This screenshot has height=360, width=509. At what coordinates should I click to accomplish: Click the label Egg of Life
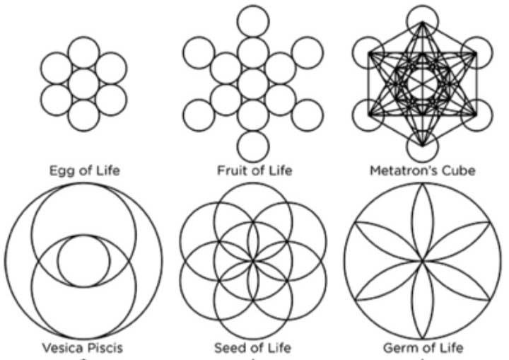84,170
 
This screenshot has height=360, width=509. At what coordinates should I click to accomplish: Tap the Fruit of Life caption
254,170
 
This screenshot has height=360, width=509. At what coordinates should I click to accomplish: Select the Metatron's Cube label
422,170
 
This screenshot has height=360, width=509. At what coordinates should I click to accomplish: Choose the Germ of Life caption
422,347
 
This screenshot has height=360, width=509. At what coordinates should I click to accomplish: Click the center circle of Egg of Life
84,83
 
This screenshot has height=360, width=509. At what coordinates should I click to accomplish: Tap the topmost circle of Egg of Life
84,52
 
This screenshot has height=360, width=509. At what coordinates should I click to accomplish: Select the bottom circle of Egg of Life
84,114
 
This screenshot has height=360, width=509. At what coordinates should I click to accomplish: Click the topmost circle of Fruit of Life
253,21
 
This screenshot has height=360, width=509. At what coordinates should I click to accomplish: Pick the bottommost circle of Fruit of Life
253,145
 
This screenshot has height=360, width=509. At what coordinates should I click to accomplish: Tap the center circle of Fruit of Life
253,83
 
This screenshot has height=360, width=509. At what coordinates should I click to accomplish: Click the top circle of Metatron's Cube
422,21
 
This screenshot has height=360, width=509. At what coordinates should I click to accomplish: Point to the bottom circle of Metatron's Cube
422,146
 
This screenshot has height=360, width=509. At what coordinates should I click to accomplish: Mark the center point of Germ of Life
422,260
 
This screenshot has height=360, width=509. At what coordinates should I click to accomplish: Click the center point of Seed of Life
253,260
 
